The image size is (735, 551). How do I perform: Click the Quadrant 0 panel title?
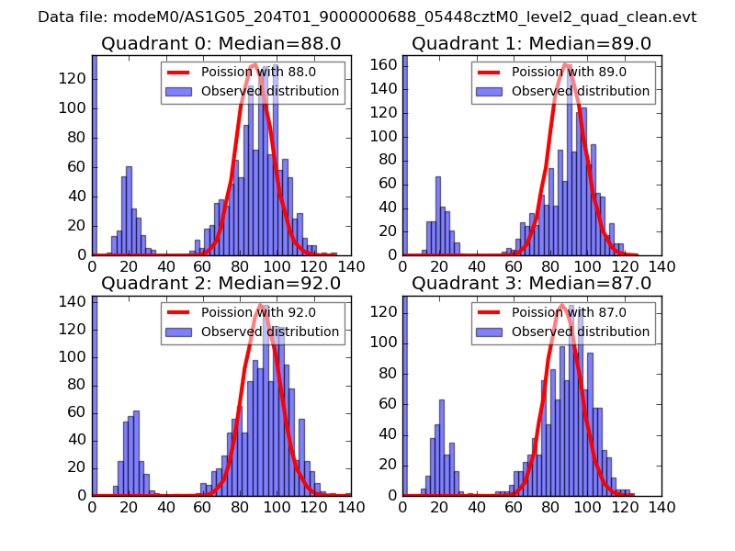[221, 43]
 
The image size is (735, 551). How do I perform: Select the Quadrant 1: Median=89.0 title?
[532, 43]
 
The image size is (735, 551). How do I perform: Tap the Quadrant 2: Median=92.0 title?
[221, 283]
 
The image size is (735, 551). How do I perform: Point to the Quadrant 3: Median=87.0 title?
[532, 283]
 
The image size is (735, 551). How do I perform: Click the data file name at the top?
[367, 17]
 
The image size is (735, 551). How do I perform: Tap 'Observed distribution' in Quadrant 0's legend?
[270, 91]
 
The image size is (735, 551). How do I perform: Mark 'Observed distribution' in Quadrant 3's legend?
[581, 331]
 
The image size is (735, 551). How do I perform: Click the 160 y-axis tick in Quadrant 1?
[385, 64]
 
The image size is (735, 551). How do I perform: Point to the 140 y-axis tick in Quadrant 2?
[74, 300]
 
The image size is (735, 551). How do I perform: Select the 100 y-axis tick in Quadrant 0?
[74, 107]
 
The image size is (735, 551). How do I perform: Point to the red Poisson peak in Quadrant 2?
[262, 305]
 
